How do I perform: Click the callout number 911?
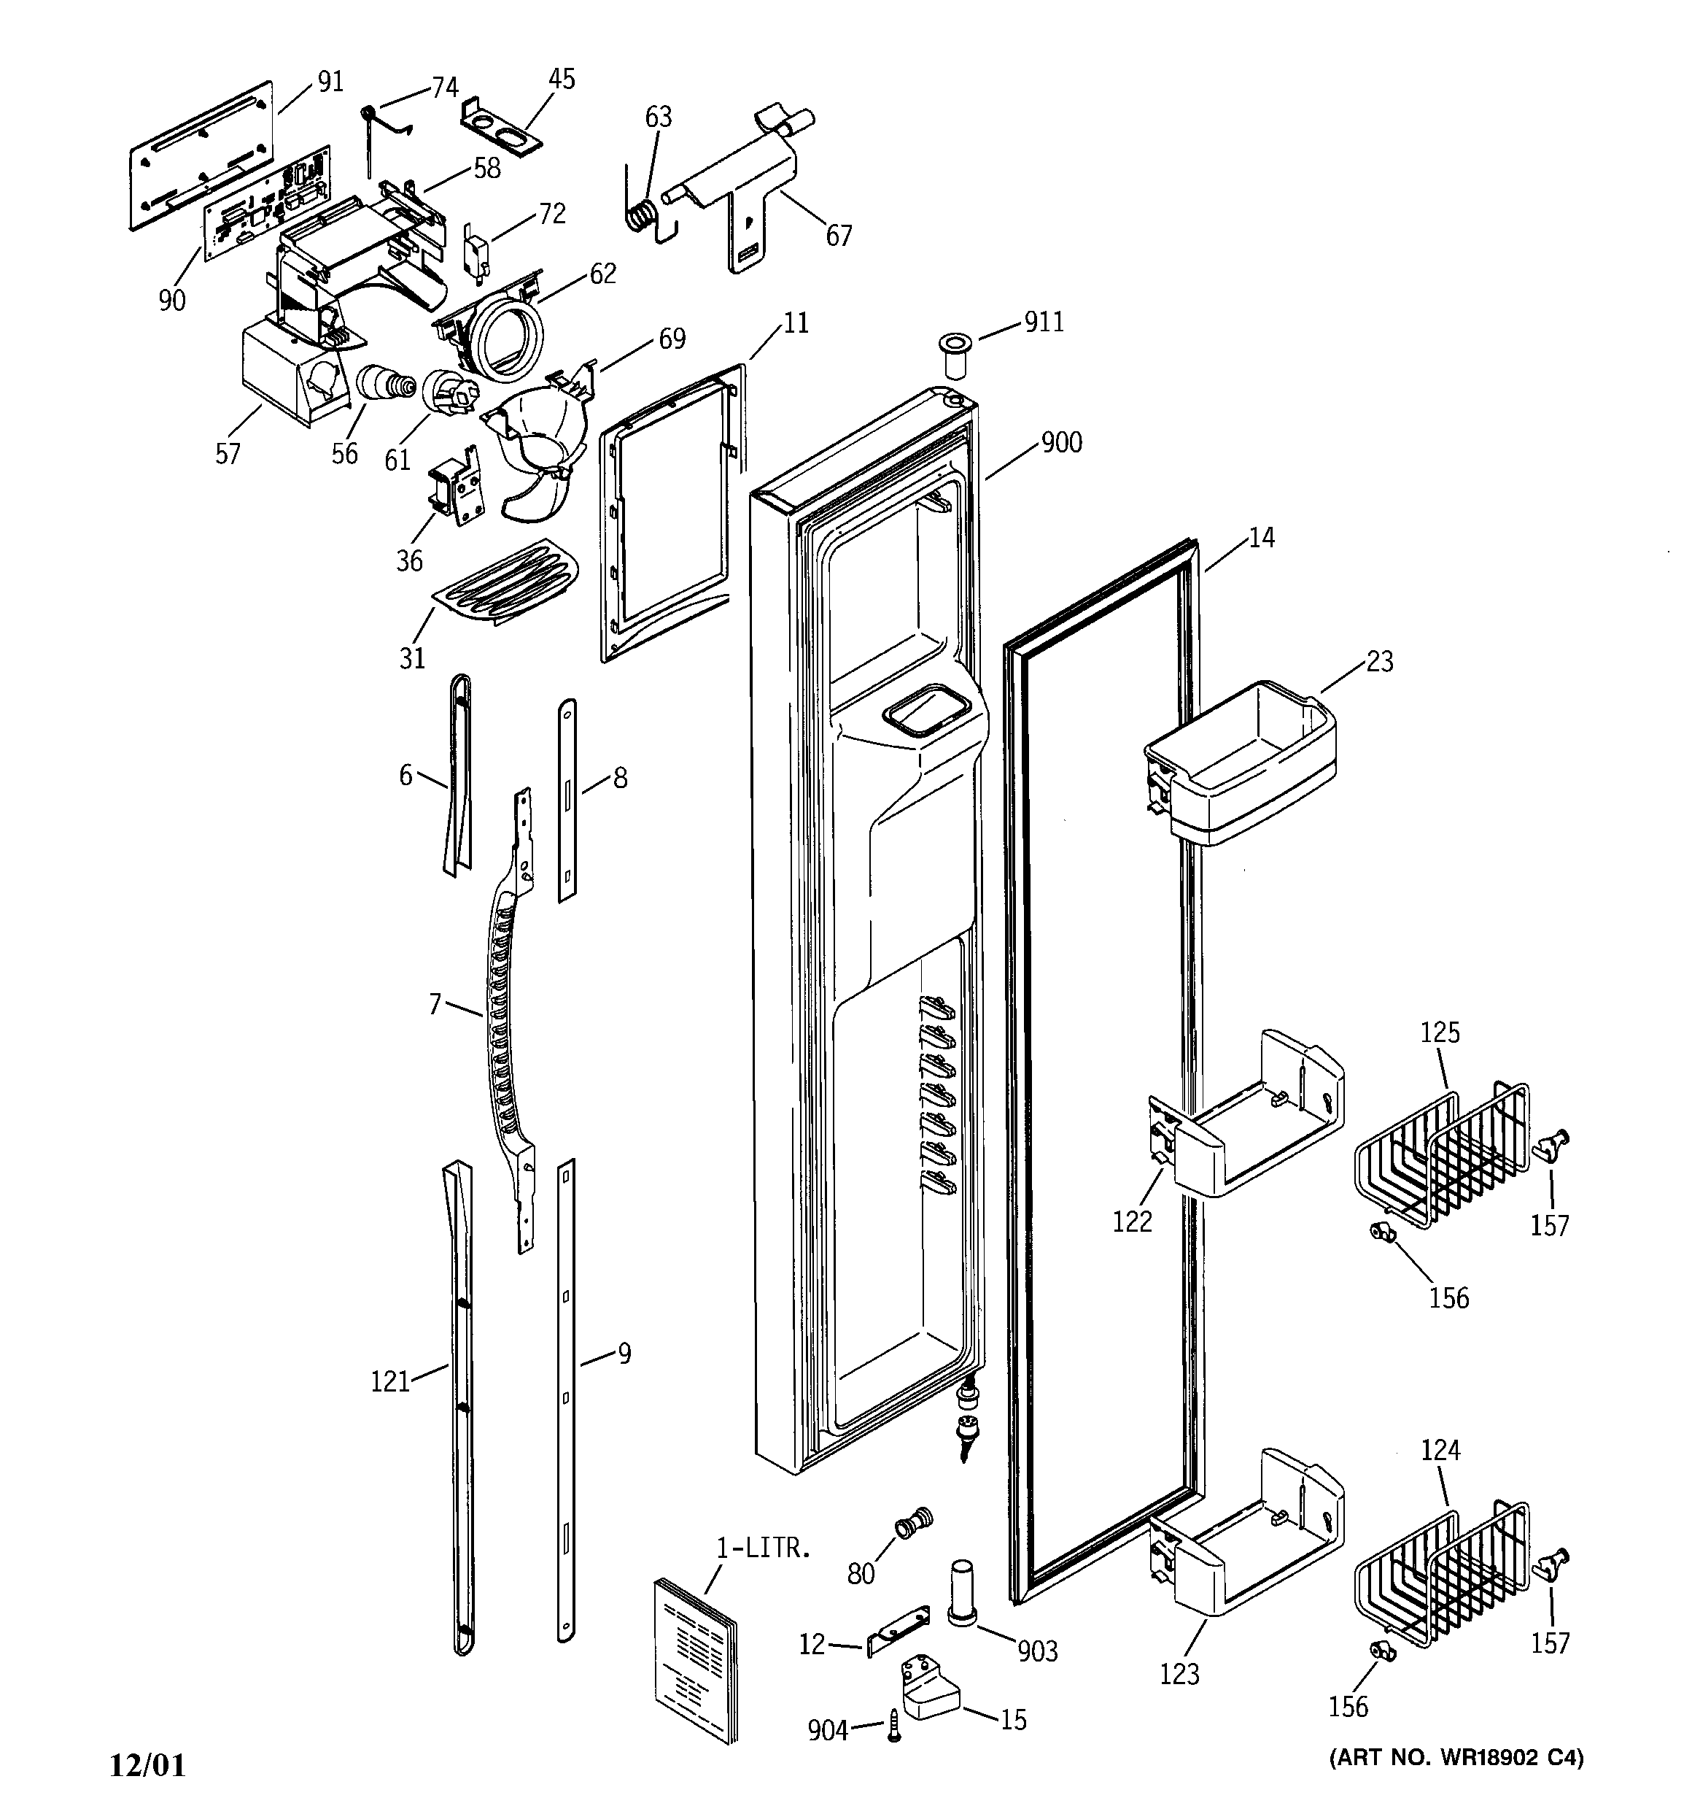pos(1044,322)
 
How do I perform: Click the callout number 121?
pos(390,1382)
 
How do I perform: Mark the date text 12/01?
pos(147,1765)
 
